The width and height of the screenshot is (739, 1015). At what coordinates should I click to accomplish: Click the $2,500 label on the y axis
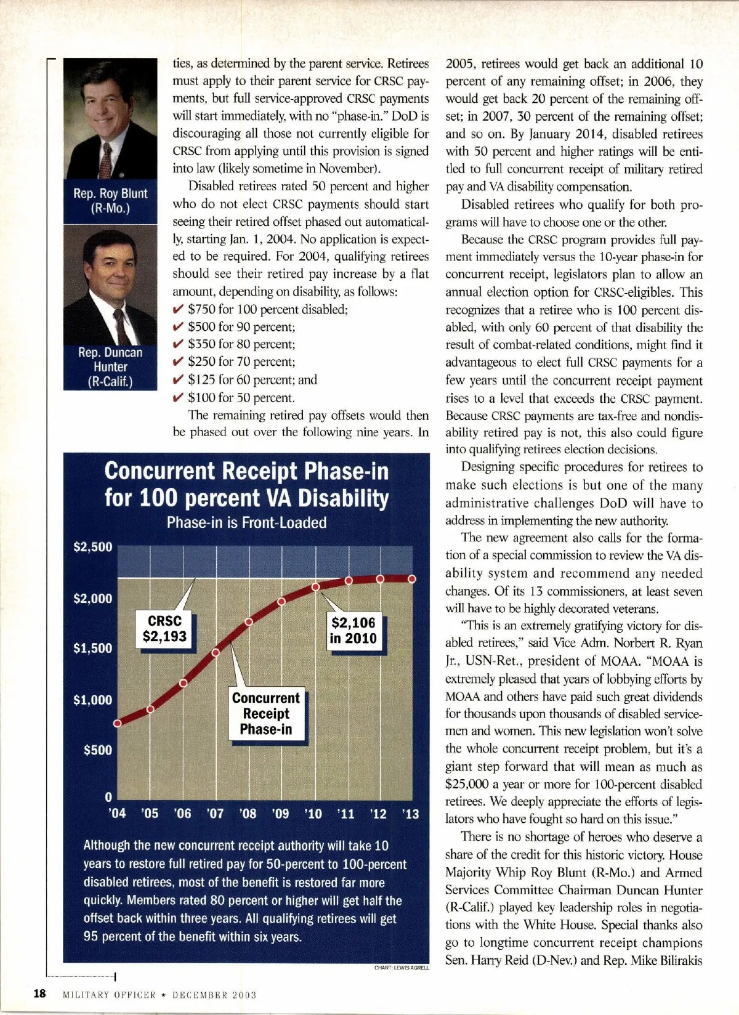coord(93,547)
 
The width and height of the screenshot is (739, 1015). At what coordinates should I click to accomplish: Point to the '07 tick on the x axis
coord(215,814)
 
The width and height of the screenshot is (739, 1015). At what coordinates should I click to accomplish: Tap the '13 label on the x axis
coord(410,814)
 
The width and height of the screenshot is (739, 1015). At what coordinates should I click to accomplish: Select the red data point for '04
coord(118,723)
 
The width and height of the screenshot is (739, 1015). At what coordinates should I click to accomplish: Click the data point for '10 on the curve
coord(315,587)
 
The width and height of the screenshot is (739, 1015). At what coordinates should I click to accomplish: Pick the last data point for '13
coord(412,578)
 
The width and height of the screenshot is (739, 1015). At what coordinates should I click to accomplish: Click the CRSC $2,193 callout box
coord(164,629)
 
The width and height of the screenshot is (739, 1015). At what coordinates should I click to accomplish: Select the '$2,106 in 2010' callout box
coord(353,631)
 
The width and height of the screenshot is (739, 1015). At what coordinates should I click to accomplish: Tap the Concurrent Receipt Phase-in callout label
coord(266,714)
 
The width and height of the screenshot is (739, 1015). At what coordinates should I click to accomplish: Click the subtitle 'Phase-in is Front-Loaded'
coord(246,523)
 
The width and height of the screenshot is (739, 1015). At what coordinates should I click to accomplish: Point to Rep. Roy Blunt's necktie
coord(107,160)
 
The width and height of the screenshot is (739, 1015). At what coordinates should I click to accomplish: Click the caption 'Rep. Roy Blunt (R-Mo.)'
coord(110,201)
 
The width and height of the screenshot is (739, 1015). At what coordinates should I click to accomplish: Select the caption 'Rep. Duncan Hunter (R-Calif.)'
coord(110,367)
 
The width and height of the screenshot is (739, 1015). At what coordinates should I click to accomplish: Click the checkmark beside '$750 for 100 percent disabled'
coord(179,309)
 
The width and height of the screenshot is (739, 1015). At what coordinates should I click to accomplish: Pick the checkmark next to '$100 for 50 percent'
coord(179,397)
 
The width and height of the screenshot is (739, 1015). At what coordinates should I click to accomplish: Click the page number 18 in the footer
coord(39,993)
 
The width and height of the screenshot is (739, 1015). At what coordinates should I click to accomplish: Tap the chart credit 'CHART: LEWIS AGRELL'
coord(402,968)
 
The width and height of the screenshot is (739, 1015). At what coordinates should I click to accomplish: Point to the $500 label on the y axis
coord(98,750)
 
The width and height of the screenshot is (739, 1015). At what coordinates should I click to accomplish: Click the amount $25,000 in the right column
coord(469,785)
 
